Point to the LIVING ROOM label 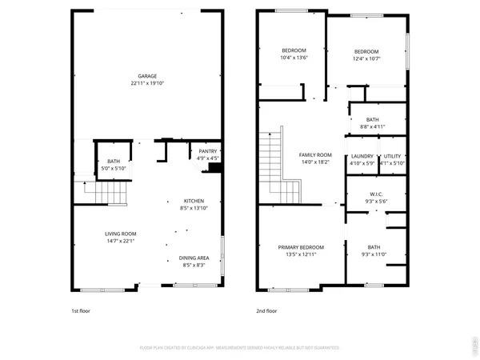point(120,234)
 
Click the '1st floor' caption point(81,310)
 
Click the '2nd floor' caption point(266,310)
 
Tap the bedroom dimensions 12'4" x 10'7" point(367,58)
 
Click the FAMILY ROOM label point(315,154)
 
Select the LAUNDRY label point(362,157)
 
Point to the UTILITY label point(393,157)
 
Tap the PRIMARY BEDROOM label point(301,247)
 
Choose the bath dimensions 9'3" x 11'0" point(374,254)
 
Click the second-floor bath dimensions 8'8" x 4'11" point(373,126)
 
